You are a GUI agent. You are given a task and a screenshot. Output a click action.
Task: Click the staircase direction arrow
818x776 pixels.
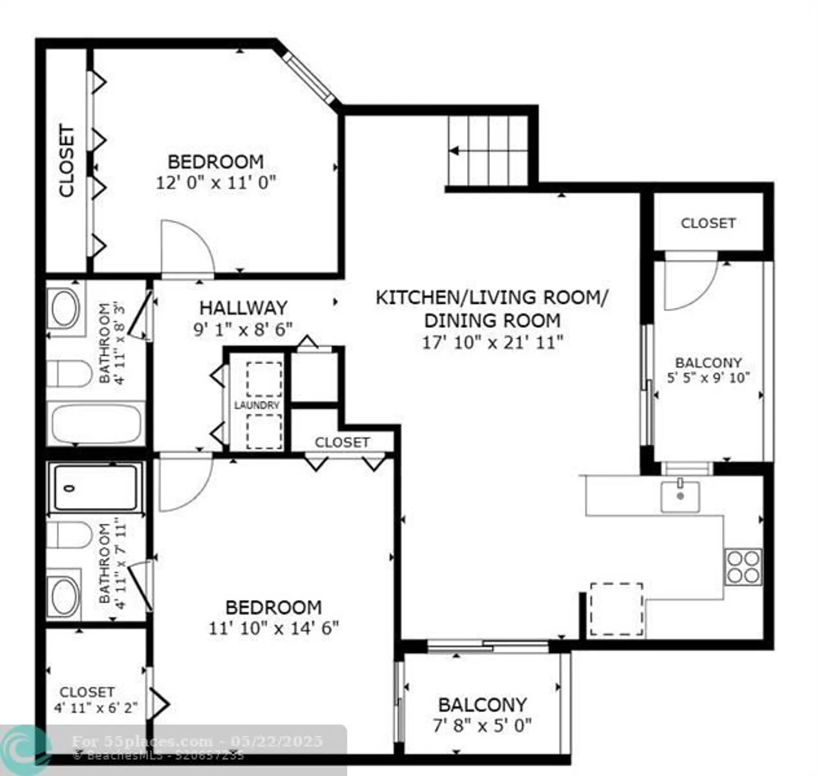click(x=455, y=152)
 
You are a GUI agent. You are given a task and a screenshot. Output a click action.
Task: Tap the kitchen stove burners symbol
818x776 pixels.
click(x=743, y=567)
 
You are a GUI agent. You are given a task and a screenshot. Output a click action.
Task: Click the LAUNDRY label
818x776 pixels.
click(x=257, y=405)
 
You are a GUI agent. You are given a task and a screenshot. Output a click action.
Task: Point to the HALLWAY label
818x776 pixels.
click(x=243, y=308)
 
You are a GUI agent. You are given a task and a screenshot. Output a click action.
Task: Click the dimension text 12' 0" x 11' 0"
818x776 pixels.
click(x=216, y=183)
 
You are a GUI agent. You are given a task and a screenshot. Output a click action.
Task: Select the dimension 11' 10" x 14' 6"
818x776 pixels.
click(x=273, y=628)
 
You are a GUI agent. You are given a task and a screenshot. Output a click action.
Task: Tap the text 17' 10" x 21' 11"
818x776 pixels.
click(x=492, y=342)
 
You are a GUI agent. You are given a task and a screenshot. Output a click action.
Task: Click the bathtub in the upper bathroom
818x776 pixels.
click(x=96, y=424)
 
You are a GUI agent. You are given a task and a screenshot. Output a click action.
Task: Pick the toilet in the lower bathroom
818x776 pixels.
click(x=70, y=535)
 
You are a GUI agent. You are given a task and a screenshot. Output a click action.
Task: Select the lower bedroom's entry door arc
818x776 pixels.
click(x=184, y=484)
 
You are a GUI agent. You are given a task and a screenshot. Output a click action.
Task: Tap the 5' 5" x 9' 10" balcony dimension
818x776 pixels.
click(x=708, y=378)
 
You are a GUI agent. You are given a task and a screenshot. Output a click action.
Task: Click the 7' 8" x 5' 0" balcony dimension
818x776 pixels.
click(x=482, y=726)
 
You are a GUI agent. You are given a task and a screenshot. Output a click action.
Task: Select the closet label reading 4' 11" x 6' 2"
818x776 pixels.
click(x=96, y=707)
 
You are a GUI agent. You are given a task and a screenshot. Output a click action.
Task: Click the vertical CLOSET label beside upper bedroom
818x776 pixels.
click(x=66, y=160)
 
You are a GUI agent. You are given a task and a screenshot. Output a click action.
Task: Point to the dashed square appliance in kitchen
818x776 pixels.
click(x=617, y=609)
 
